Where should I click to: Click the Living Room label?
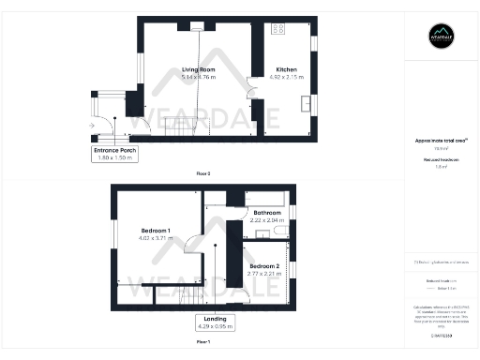tap(199, 68)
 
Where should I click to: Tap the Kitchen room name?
tap(286, 68)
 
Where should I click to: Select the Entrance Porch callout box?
tap(115, 154)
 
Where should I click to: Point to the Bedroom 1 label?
tap(156, 231)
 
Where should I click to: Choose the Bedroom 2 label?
tap(265, 265)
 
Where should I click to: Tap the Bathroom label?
tap(267, 213)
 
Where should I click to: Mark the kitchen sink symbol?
tap(306, 103)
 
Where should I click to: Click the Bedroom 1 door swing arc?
tap(189, 245)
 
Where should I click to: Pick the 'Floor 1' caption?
tap(203, 343)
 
